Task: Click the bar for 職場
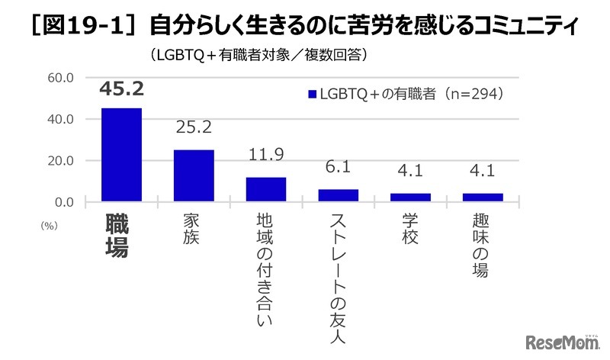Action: pos(121,155)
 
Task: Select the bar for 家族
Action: pos(194,175)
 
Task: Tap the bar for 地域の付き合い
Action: pos(266,189)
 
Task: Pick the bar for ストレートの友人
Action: pos(338,195)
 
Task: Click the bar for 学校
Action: pos(410,198)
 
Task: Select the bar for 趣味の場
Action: pos(483,198)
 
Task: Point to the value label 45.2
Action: pos(122,90)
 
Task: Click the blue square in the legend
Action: pos(311,95)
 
